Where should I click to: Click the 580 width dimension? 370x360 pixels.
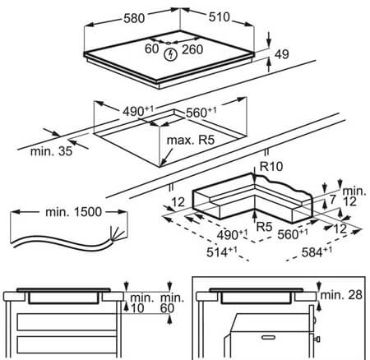click(134, 19)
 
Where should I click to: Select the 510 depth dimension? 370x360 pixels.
click(220, 17)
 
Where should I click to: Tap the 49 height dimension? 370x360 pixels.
click(282, 54)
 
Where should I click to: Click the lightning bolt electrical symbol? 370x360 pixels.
click(170, 54)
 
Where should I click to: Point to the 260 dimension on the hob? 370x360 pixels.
click(192, 49)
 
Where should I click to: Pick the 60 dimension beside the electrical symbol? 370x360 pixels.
click(151, 48)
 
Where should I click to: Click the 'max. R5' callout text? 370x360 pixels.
click(191, 140)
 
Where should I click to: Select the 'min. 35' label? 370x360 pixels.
click(51, 151)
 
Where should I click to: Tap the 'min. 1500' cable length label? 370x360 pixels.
click(73, 212)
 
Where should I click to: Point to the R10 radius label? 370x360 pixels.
click(271, 166)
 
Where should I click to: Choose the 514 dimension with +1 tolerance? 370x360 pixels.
click(221, 252)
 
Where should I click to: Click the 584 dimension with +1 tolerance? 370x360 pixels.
click(317, 252)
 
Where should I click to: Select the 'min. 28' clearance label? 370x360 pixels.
click(341, 295)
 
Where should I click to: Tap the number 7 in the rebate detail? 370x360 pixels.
click(332, 200)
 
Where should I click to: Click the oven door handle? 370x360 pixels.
click(268, 337)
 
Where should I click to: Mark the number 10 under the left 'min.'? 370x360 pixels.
click(137, 308)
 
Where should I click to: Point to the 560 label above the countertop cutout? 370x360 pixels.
click(201, 113)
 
